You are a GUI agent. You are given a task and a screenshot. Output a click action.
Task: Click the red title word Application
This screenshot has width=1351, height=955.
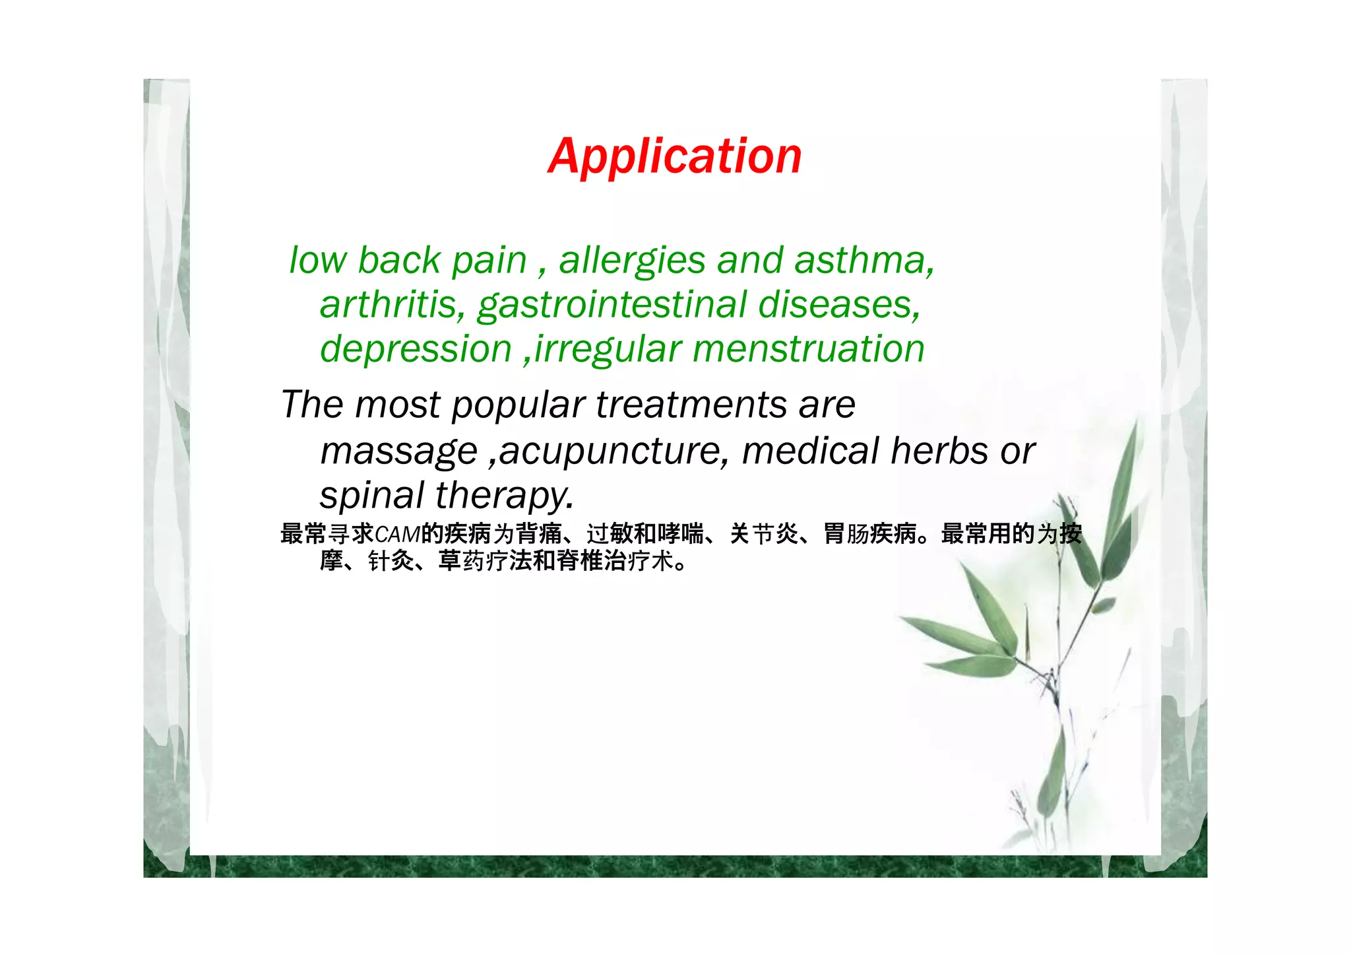pos(675,157)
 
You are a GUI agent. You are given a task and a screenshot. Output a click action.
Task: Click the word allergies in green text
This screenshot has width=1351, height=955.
pos(632,261)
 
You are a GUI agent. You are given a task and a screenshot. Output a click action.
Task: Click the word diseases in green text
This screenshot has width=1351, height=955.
pos(838,305)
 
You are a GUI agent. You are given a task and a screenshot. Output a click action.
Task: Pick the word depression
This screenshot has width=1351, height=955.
pos(416,350)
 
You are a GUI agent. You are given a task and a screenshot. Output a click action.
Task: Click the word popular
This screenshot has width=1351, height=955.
pos(518,405)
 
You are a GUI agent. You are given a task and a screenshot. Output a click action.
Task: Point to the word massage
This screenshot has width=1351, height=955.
pos(398,452)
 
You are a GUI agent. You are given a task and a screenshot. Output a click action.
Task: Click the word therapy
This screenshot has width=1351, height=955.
pos(504,495)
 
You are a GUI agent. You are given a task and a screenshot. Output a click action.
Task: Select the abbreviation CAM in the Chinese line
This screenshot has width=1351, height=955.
pos(397,533)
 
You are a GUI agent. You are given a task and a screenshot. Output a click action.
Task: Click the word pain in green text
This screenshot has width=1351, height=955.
pos(489,261)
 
